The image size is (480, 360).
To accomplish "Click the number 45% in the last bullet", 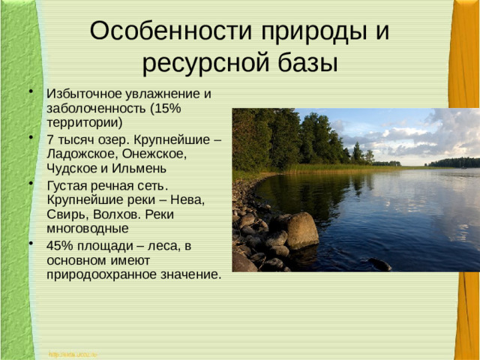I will pos(61,246).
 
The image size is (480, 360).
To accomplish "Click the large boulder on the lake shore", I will pos(301,231).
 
